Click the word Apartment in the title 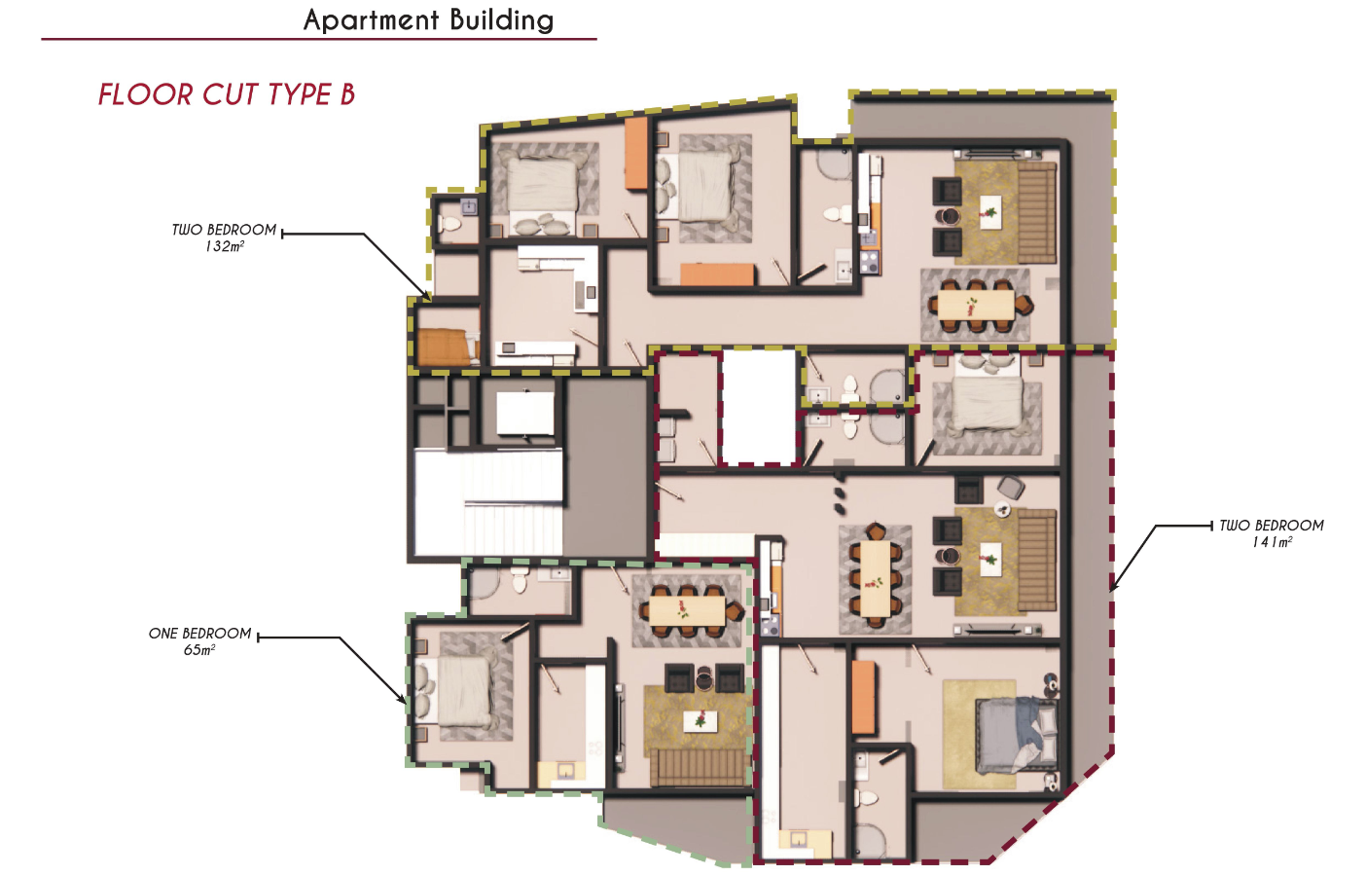point(371,20)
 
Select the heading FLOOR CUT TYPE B point(227,94)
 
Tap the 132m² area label point(225,246)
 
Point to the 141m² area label point(1272,542)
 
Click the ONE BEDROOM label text point(200,634)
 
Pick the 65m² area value point(199,650)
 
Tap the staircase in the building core point(487,502)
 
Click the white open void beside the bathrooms point(759,406)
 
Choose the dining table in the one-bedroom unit point(687,610)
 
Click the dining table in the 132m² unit point(976,305)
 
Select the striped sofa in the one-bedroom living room point(698,768)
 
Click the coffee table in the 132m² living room point(990,212)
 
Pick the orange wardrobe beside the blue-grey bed point(864,698)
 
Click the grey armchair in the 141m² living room point(1011,487)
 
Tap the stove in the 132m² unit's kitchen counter point(870,263)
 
